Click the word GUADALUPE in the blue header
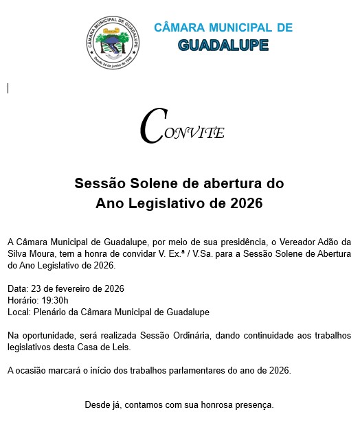(223, 45)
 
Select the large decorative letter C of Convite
(152, 126)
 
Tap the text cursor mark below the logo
(8, 88)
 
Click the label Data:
(18, 288)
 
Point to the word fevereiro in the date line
(70, 288)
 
